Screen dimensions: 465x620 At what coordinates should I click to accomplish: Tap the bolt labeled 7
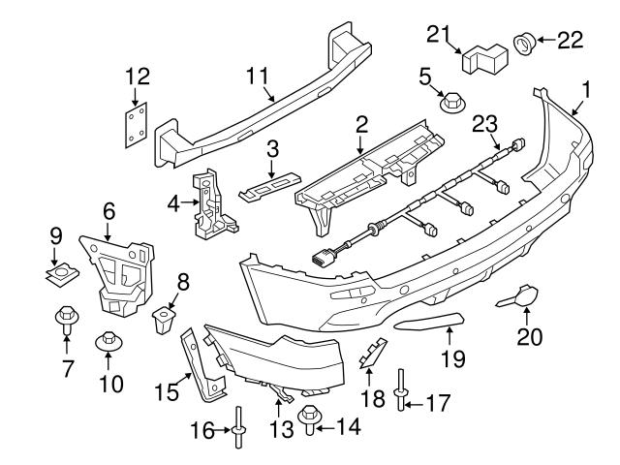[67, 316]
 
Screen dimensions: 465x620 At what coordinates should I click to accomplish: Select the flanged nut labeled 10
[108, 343]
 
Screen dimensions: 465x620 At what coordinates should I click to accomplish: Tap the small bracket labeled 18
[372, 355]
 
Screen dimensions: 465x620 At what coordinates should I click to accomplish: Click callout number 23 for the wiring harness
[484, 123]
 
